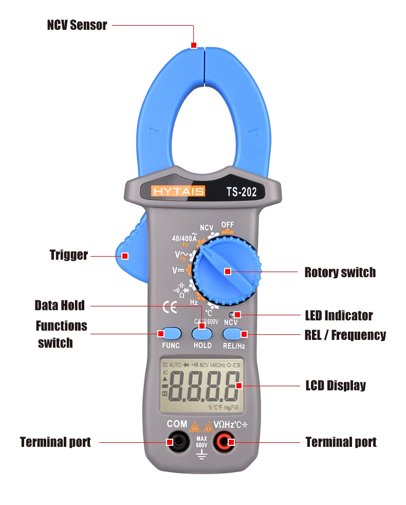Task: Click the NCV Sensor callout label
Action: click(x=77, y=25)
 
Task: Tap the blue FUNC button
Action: click(x=171, y=333)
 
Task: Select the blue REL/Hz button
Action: click(x=234, y=333)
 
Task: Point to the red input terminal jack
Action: click(x=225, y=441)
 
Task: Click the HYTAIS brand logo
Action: click(x=178, y=191)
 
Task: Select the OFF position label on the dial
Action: click(x=227, y=225)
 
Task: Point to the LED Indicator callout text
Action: click(x=339, y=315)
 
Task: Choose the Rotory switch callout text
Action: click(x=340, y=272)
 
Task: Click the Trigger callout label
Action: click(x=68, y=255)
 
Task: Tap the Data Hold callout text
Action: click(x=59, y=305)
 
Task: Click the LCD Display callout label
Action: click(x=336, y=385)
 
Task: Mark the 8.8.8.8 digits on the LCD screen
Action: click(x=202, y=387)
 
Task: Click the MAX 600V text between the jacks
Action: click(x=201, y=442)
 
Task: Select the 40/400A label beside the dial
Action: click(x=184, y=239)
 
